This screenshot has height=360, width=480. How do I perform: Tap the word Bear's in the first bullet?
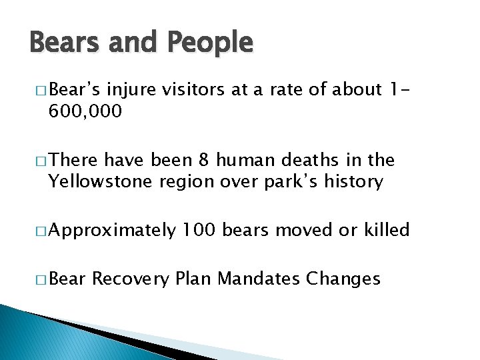[x=75, y=89]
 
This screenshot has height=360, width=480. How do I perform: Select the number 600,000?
[x=85, y=111]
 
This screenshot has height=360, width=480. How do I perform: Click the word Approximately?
[x=113, y=231]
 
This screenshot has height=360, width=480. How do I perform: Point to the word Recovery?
[x=130, y=278]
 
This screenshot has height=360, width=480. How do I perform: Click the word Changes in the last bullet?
[x=343, y=278]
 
